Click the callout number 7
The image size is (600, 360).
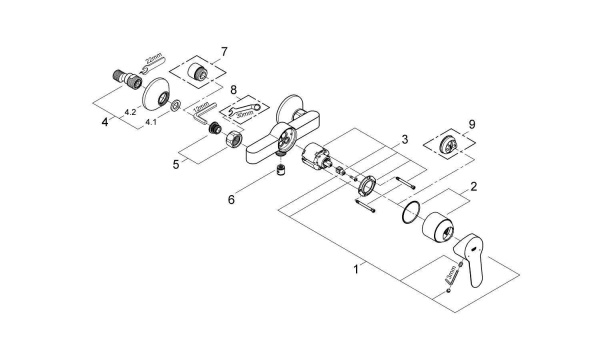[224, 50]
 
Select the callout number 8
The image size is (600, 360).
[234, 90]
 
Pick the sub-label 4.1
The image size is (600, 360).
[151, 121]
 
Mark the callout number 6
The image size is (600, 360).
[231, 199]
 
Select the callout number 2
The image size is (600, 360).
[475, 186]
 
